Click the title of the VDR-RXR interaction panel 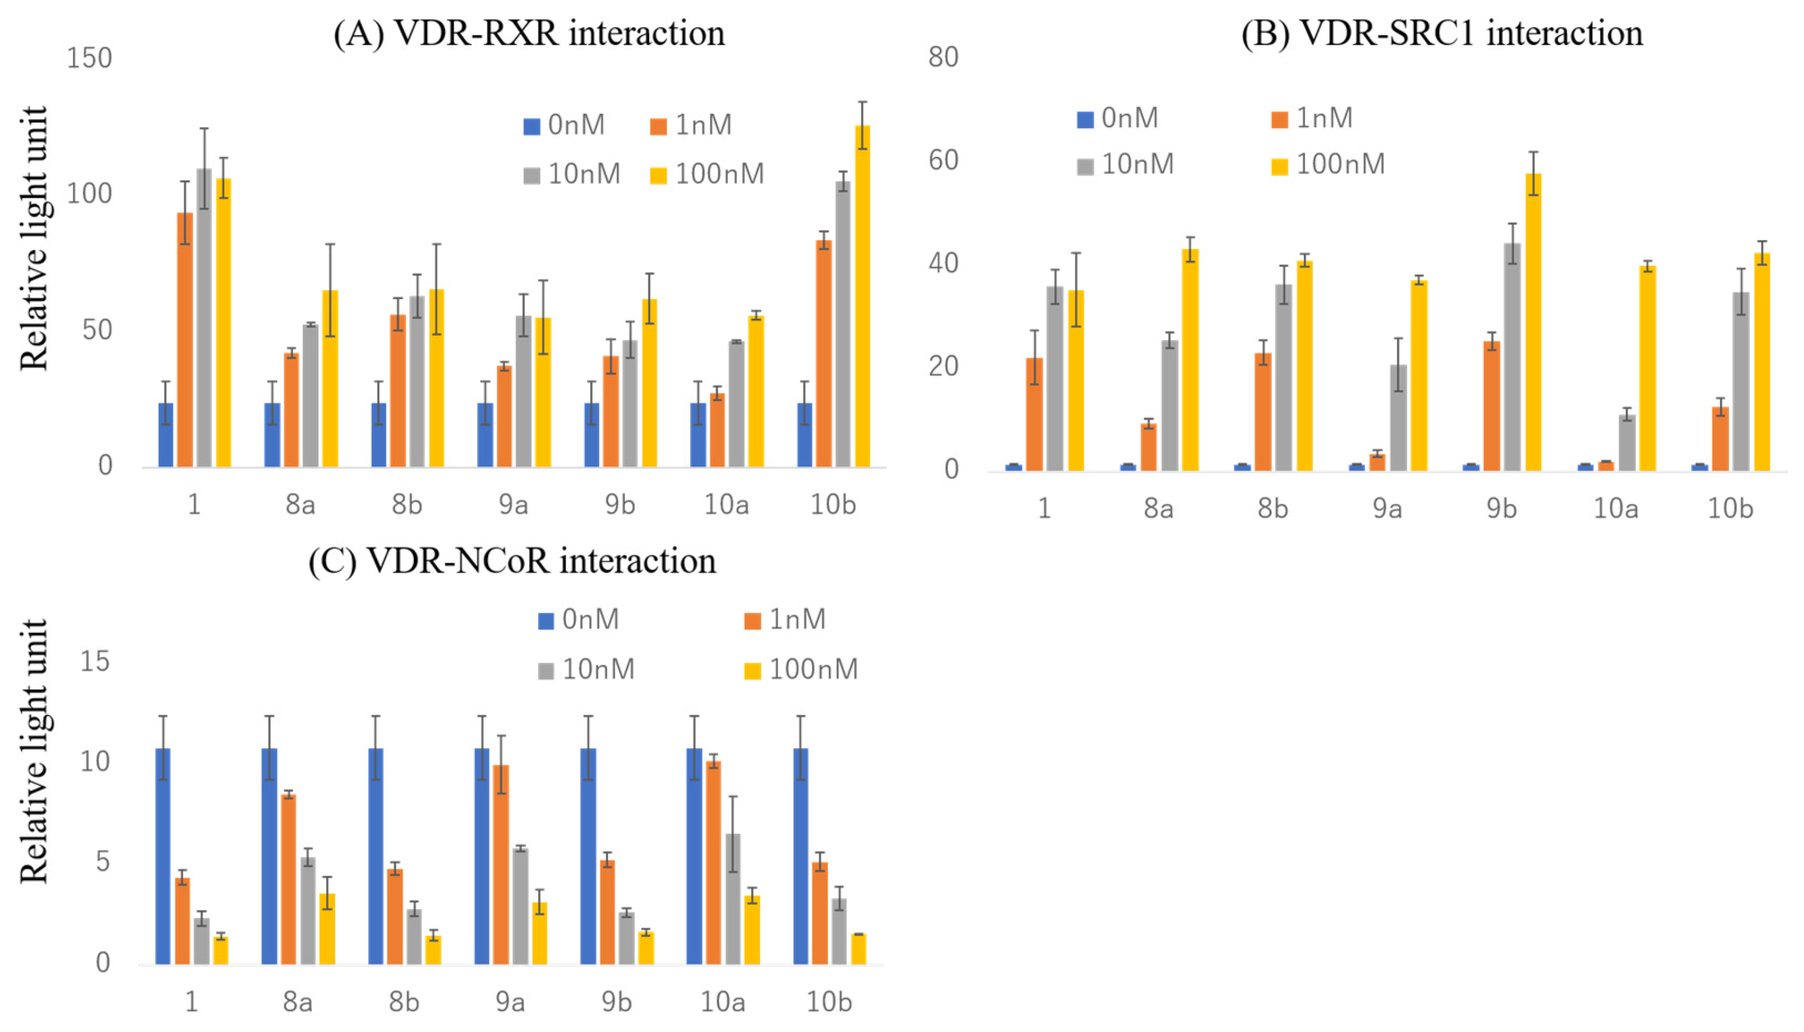[529, 33]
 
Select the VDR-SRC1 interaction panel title [1441, 33]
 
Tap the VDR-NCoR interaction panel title [512, 561]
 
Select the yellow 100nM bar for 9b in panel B [1533, 323]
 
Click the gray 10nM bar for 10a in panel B [1627, 443]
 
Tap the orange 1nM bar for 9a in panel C [501, 865]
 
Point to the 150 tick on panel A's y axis [89, 58]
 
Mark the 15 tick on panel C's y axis [95, 662]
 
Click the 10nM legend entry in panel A [572, 174]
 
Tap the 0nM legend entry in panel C [578, 619]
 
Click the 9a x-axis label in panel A [513, 505]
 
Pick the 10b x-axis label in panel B [1730, 509]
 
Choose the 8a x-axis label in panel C [298, 1002]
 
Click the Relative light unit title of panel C [33, 751]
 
